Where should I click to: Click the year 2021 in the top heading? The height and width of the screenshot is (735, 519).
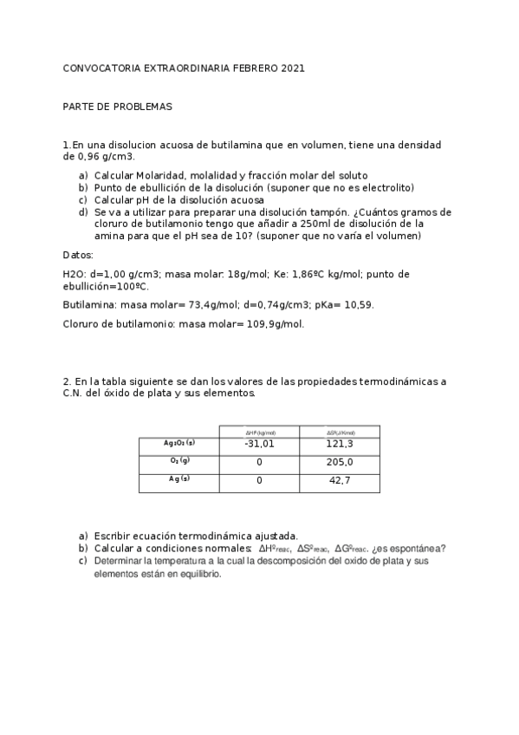(x=293, y=68)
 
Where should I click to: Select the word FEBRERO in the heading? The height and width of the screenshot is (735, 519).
(x=256, y=68)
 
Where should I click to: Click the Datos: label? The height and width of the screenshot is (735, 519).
(x=79, y=255)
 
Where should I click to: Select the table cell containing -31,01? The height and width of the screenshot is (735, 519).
(x=259, y=444)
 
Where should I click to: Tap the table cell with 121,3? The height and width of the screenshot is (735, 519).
(x=340, y=444)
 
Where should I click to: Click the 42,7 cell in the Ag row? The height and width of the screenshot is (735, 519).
(x=340, y=480)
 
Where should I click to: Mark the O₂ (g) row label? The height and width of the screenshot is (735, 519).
(x=178, y=461)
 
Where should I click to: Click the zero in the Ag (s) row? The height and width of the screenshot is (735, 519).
(x=259, y=480)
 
